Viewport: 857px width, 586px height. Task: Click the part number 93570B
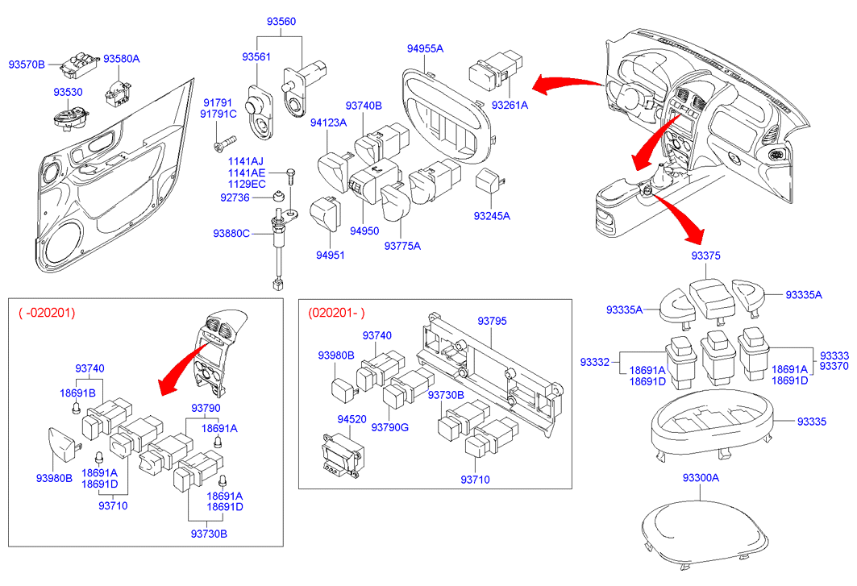point(27,64)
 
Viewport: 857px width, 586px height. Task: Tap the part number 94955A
point(425,48)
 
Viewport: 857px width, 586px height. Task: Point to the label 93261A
point(510,105)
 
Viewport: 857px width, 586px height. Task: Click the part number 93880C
point(231,233)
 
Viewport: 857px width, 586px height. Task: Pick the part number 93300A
point(701,478)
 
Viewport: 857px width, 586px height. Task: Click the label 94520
point(352,420)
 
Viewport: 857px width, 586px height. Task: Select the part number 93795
point(492,321)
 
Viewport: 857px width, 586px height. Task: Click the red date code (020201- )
point(336,313)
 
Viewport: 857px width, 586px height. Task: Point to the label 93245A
point(493,216)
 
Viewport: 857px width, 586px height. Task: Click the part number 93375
point(705,256)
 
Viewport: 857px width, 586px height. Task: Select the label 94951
point(330,256)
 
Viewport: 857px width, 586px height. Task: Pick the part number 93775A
point(402,245)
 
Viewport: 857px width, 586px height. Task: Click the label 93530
point(68,92)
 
